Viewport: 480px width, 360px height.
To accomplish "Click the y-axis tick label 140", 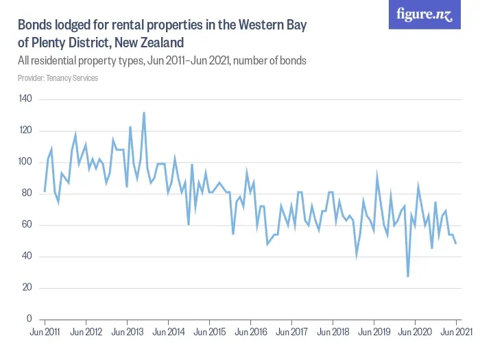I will pos(25,99).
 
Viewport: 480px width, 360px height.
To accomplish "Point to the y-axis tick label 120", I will pos(25,131).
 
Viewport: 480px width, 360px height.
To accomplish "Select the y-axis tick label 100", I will pos(25,163).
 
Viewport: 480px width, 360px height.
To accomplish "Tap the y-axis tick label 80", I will pos(27,194).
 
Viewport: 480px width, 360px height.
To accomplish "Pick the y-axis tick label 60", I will pos(27,225).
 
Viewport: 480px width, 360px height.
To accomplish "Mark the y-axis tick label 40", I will pos(27,256).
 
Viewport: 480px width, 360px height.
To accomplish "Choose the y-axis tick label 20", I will pos(27,288).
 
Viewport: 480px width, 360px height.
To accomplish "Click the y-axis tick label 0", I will pos(29,320).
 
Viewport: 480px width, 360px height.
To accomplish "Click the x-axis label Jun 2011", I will pos(45,333).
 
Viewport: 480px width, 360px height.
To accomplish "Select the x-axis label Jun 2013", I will pos(127,333).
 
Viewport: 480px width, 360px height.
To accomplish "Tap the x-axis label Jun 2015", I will pos(209,333).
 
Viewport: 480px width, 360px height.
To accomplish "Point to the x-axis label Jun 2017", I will pos(291,333).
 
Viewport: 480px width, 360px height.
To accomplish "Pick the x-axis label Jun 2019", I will pos(374,333).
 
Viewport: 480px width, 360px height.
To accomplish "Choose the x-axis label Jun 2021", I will pos(455,333).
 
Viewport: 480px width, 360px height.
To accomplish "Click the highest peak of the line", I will pos(144,112).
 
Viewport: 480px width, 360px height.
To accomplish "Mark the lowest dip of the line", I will pos(408,276).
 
